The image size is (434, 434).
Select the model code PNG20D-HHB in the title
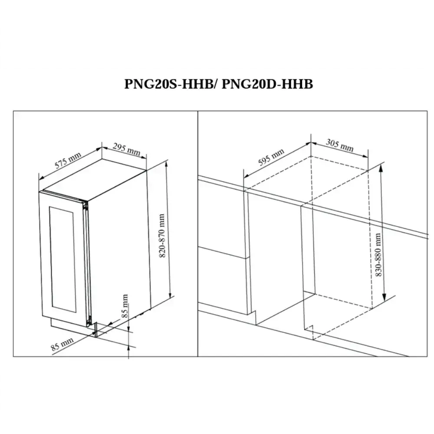267,84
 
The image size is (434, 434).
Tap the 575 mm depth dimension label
68,160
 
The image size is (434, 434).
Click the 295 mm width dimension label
126,149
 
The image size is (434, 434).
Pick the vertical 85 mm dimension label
125,306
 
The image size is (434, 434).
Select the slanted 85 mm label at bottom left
62,344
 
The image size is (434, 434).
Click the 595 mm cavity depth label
271,157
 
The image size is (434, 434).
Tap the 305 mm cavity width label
340,145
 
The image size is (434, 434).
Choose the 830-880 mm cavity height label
378,255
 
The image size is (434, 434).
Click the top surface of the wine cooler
95,179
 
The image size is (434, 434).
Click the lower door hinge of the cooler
88,322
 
